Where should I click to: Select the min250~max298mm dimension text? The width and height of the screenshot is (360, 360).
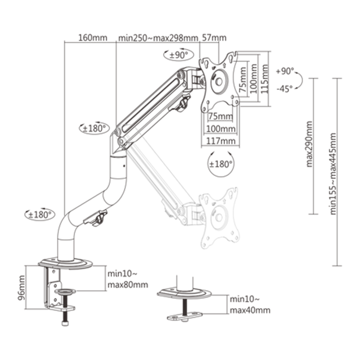[158, 38]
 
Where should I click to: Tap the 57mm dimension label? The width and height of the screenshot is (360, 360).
[214, 38]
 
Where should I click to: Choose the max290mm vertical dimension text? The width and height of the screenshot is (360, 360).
[310, 144]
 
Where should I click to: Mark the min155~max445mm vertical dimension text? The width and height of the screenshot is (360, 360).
[334, 173]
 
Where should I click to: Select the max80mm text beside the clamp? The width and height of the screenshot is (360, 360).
[128, 284]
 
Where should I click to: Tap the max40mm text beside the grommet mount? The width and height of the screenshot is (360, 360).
[250, 310]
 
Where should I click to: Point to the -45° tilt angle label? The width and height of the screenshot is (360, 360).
[284, 88]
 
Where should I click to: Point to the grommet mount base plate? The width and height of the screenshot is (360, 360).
[185, 294]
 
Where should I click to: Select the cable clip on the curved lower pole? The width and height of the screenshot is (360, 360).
[98, 218]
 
